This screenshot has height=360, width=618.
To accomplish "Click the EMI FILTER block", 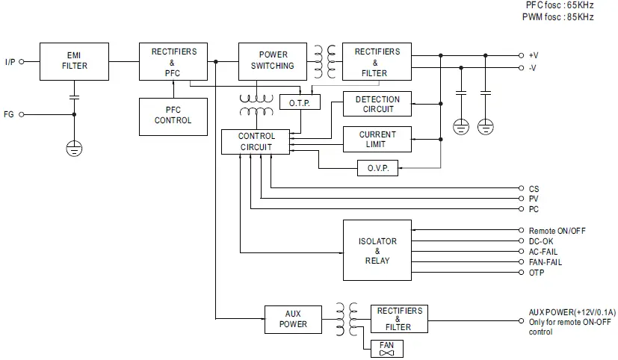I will [x=74, y=60].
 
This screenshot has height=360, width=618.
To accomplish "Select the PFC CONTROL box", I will [x=173, y=116].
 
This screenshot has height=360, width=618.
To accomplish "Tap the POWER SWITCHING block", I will [x=273, y=60].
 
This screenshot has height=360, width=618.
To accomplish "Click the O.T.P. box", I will [x=299, y=102].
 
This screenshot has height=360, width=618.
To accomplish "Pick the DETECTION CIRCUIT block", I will [x=377, y=105].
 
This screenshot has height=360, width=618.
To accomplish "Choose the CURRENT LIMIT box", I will [x=377, y=139].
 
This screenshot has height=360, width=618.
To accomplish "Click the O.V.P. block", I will [x=377, y=168].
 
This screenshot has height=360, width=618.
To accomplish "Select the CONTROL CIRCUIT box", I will [x=256, y=142].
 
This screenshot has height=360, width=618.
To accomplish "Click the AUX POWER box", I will [x=293, y=319].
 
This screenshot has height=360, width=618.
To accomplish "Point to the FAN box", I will [x=386, y=349].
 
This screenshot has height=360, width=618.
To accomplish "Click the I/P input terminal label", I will [x=10, y=62].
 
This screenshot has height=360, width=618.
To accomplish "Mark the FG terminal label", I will [x=9, y=114].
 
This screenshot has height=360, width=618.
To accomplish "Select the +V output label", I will [x=533, y=55].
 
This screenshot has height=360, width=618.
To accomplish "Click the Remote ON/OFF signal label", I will [x=557, y=232].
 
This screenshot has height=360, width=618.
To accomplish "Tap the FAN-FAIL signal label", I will [x=546, y=262].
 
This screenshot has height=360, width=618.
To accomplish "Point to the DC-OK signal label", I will [x=541, y=242].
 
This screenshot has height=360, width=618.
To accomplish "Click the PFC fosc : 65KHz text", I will [x=559, y=5].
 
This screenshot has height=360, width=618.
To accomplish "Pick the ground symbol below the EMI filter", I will [x=74, y=148].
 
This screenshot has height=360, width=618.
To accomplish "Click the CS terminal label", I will [x=534, y=189].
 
